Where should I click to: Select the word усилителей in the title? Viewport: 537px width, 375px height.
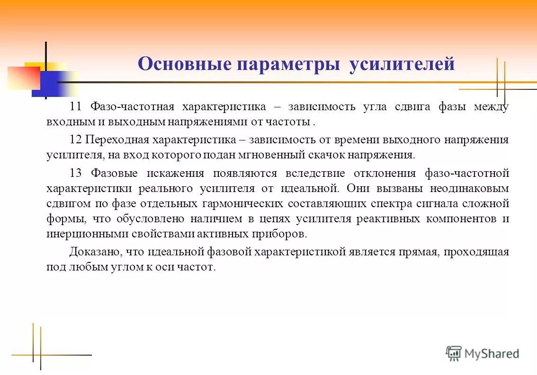[402, 64]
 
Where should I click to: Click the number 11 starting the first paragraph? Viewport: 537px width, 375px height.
[76, 106]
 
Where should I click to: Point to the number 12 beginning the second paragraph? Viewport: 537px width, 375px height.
[76, 140]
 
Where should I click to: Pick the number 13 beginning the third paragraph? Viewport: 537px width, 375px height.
[76, 173]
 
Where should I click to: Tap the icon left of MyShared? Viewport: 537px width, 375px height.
[454, 353]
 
